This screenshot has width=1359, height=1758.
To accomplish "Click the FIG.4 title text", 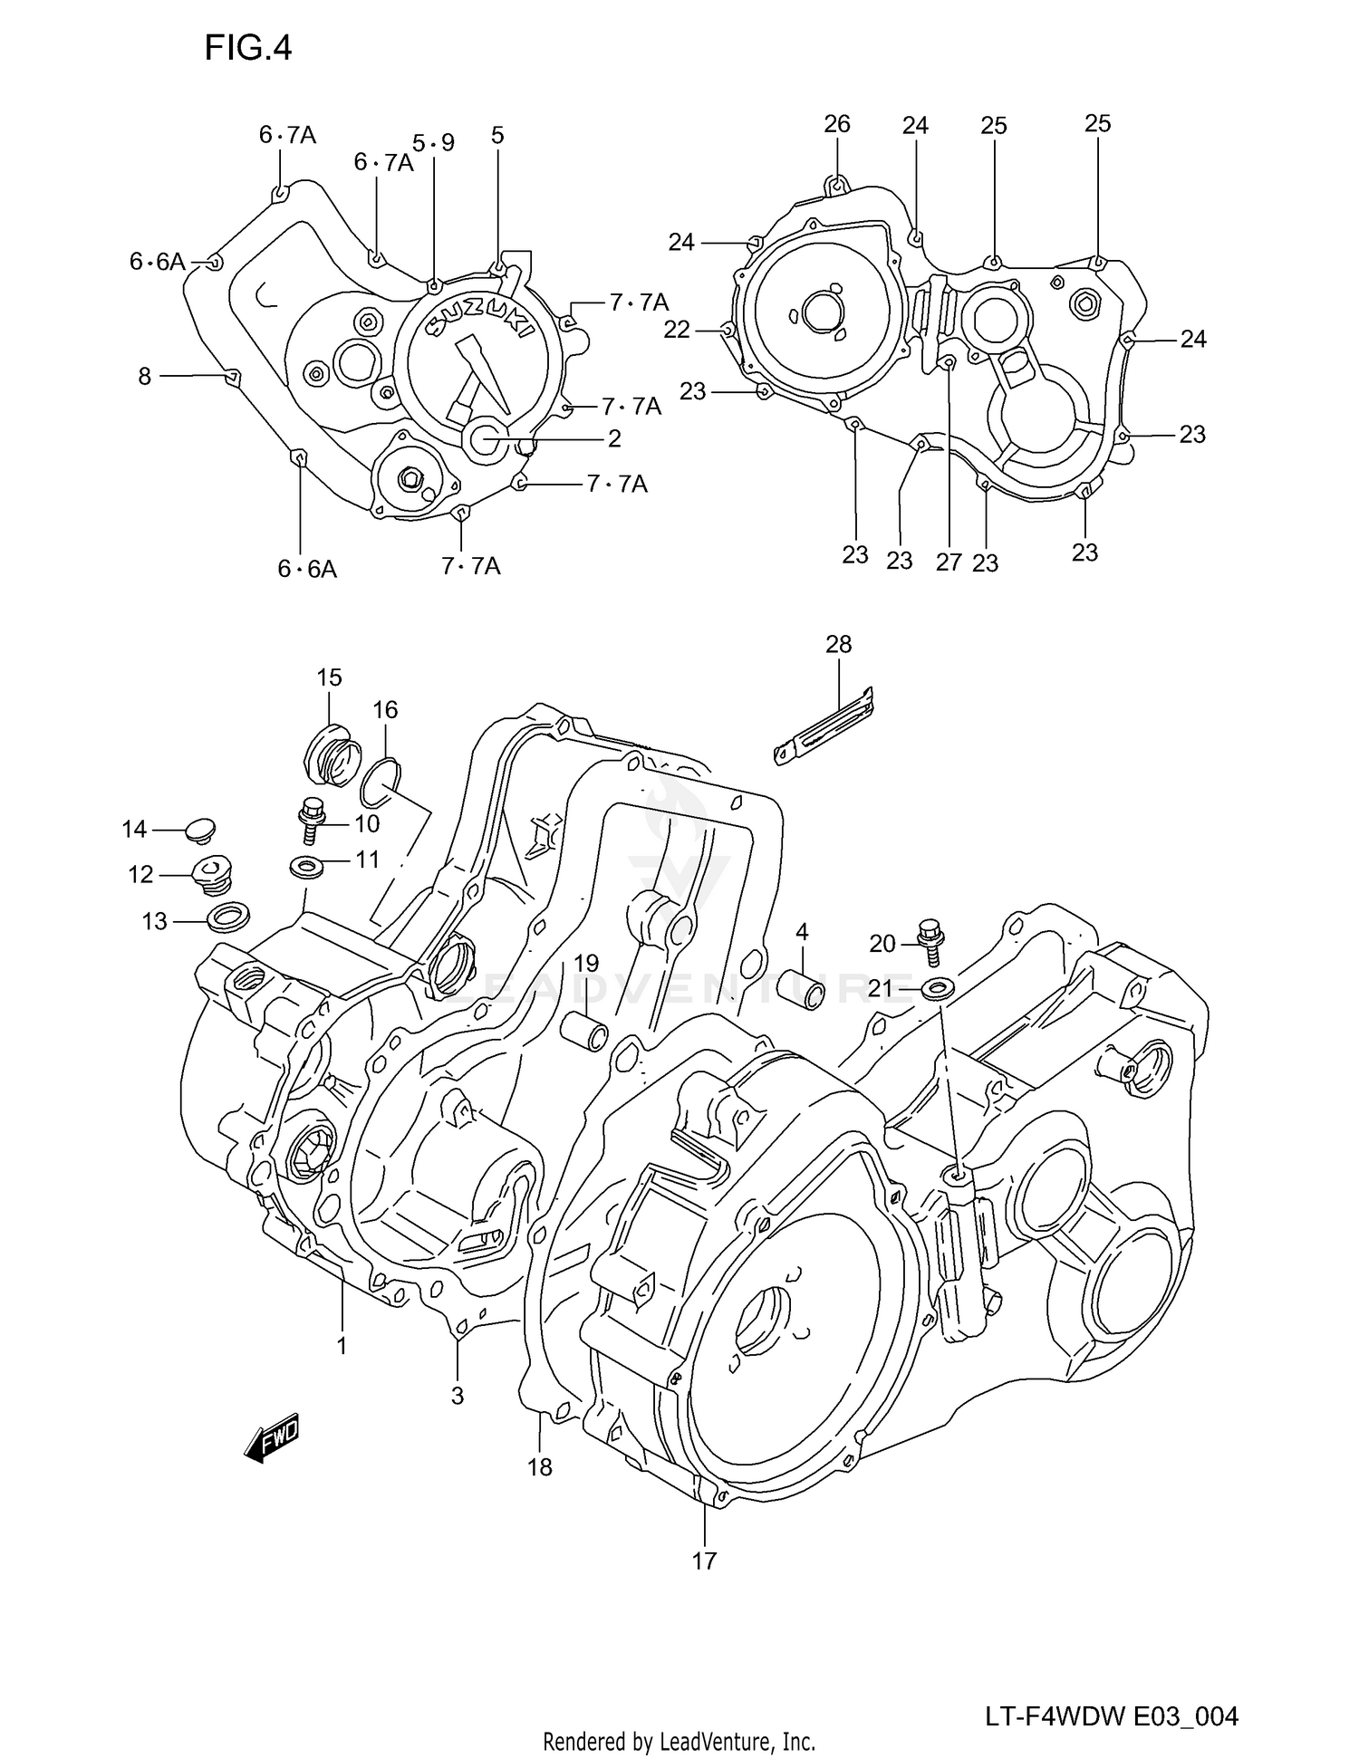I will (x=247, y=48).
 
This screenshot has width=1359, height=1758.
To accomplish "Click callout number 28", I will (x=838, y=645).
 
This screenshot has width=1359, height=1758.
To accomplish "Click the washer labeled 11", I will (x=305, y=866).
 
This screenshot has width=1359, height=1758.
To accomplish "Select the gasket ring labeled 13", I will (x=228, y=917).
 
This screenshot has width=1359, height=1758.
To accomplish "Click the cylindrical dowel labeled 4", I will (x=803, y=988).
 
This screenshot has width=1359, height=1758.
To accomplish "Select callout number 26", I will (x=836, y=124).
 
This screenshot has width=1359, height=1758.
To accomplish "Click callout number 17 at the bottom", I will (x=704, y=1561).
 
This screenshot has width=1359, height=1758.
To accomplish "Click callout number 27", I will (x=948, y=562).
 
